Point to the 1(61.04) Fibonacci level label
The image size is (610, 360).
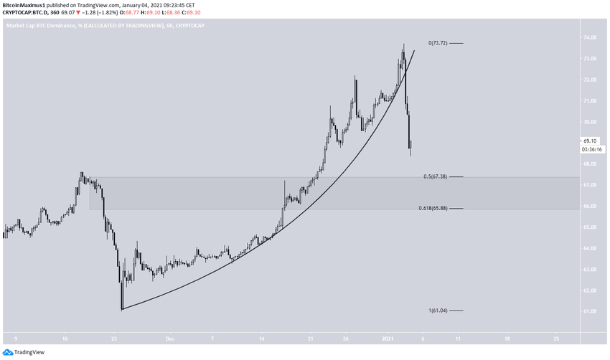click(x=438, y=310)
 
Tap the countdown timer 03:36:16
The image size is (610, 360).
click(x=591, y=149)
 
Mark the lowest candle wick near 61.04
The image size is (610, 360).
click(x=122, y=307)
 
